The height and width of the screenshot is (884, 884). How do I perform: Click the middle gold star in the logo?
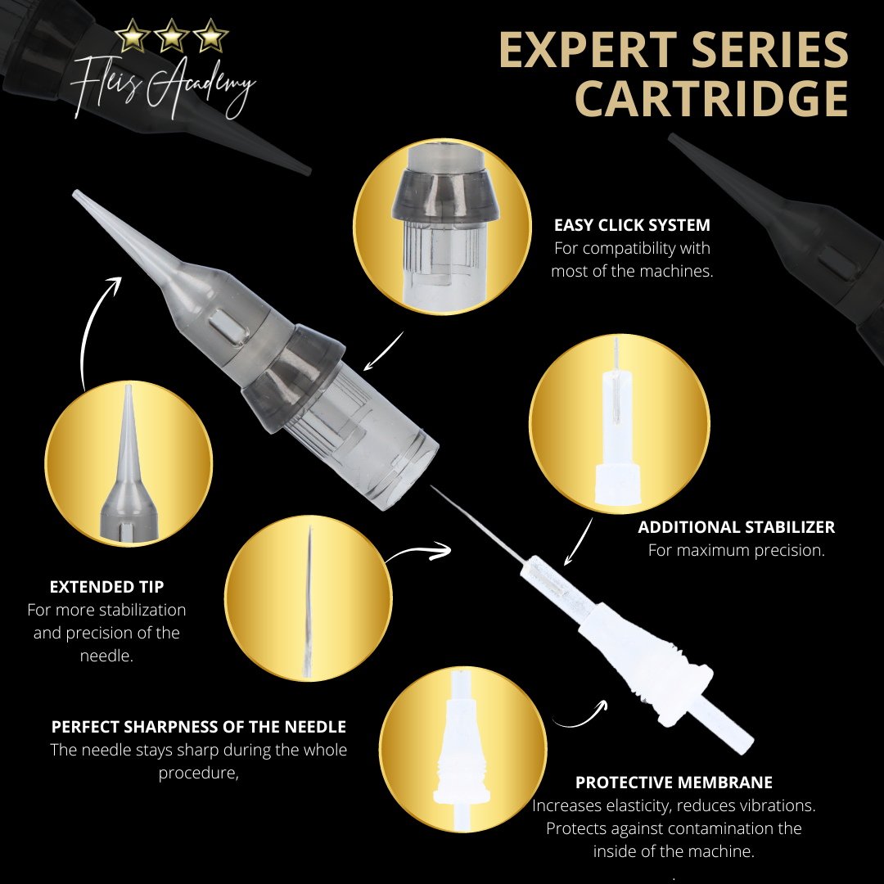171,35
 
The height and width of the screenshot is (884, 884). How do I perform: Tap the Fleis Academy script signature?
162,88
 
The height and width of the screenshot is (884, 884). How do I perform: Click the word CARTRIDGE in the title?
711,99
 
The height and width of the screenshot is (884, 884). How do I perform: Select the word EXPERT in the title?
588,50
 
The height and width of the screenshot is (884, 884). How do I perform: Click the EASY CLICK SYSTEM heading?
632,225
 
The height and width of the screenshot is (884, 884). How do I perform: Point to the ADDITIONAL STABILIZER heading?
737,527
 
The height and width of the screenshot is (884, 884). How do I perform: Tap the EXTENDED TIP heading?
106,587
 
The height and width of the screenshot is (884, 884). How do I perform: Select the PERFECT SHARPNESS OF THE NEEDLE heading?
198,727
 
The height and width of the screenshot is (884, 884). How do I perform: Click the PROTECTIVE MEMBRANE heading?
674,783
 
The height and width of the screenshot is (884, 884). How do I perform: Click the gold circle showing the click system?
442,227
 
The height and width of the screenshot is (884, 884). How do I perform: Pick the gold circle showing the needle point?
309,598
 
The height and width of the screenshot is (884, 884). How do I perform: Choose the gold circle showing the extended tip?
129,463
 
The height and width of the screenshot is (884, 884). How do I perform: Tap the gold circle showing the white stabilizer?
619,424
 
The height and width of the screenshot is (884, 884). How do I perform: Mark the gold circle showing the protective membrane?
462,749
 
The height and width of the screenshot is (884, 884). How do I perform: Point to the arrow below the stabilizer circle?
579,541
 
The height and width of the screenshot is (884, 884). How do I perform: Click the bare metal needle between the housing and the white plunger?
478,525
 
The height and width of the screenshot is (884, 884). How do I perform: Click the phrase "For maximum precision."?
737,550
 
